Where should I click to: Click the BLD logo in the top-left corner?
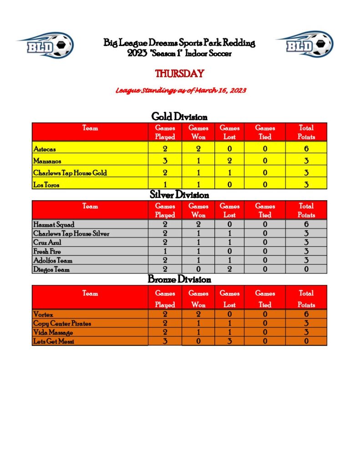coord(45,45)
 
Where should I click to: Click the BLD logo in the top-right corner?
coord(304,45)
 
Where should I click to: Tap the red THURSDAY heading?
coord(179,73)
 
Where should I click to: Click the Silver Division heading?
coord(179,195)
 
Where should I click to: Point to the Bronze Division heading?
coord(179,279)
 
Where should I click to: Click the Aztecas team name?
coord(45,148)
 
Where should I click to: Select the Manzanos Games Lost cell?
coord(230,161)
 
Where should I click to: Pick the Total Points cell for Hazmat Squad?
coord(306,224)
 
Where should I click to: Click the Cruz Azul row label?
coord(47,243)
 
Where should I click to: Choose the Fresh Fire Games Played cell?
coord(165,251)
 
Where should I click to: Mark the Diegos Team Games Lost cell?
coord(230,269)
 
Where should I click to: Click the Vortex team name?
coord(43,314)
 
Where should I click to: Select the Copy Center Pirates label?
coord(62,324)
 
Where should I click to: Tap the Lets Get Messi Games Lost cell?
coord(230,341)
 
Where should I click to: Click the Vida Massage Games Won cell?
coord(198,333)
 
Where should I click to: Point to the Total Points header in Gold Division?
coord(306,132)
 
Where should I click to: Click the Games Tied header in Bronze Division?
coord(265,299)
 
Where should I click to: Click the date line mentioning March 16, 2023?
coord(181,91)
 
